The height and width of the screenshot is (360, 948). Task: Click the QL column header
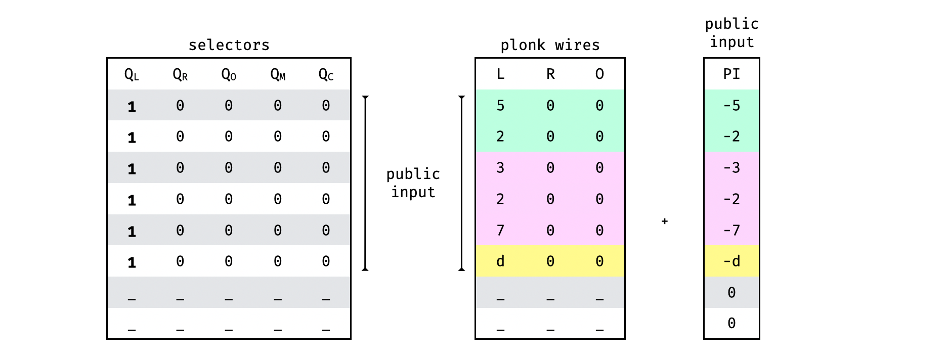point(132,75)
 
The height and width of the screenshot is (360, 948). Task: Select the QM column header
point(278,75)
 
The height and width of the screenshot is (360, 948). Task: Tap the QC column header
point(326,75)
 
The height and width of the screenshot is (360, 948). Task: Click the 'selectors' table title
point(229,45)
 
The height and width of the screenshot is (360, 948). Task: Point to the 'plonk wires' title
point(550,45)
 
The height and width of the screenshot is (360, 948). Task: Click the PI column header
point(731,74)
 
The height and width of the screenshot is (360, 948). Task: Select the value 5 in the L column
point(500,106)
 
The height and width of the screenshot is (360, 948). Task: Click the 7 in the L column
point(500,231)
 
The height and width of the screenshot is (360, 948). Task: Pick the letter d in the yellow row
point(500,261)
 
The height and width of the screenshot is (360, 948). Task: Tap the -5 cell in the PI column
point(731,106)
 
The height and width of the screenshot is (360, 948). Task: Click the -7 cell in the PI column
point(731,231)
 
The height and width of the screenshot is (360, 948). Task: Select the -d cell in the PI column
point(731,261)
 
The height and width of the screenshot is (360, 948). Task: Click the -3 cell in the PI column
point(731,168)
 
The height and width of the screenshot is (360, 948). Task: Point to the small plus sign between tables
point(665,221)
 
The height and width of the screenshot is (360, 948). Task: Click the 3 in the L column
point(500,168)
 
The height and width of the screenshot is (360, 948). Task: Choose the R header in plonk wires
point(550,74)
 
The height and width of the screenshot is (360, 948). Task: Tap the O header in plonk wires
point(599,74)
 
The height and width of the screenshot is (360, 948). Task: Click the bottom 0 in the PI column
point(731,323)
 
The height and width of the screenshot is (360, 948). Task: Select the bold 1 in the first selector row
point(132,107)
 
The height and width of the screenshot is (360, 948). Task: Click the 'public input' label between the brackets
point(413,183)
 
